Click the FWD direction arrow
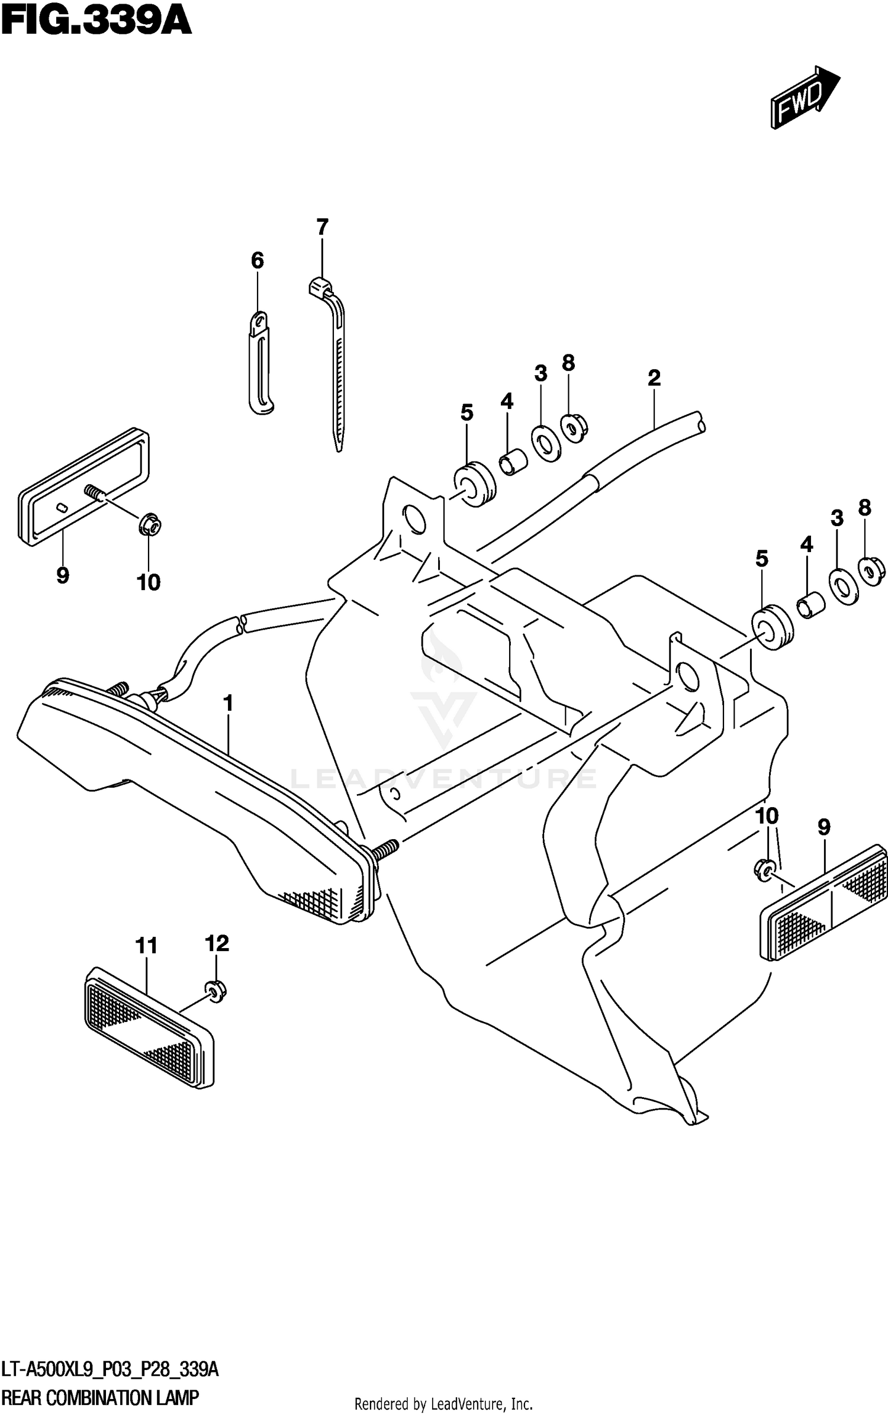tap(804, 97)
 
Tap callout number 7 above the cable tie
tap(321, 227)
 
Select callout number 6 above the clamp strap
tap(257, 260)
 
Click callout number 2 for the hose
tap(654, 378)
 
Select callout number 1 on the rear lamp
tap(227, 704)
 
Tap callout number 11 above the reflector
tap(146, 946)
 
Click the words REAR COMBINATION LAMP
tap(101, 1398)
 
